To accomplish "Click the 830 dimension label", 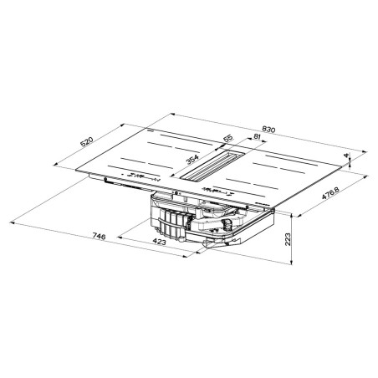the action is pyautogui.click(x=268, y=130).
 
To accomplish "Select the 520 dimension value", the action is pyautogui.click(x=86, y=142).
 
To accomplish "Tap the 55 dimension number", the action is pyautogui.click(x=227, y=138).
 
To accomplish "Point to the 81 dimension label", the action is pyautogui.click(x=257, y=136).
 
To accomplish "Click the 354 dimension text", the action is pyautogui.click(x=192, y=159).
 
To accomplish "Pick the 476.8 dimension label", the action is pyautogui.click(x=330, y=193).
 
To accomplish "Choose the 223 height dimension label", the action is pyautogui.click(x=287, y=239).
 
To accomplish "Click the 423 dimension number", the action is pyautogui.click(x=160, y=242).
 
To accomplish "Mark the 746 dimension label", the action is pyautogui.click(x=99, y=237).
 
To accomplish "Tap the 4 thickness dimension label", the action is pyautogui.click(x=347, y=156).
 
